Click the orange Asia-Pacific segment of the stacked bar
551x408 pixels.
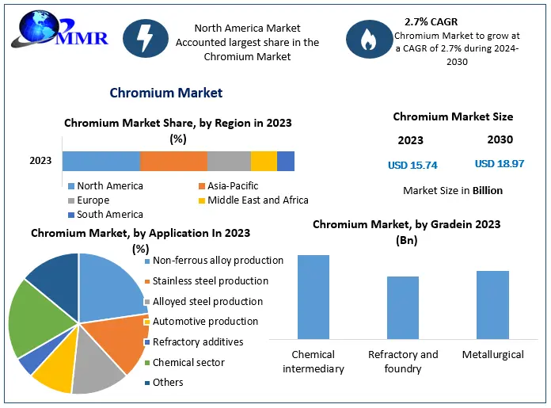pos(173,161)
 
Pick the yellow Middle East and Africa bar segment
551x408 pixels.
pos(264,161)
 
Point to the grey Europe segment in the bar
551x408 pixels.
pos(229,161)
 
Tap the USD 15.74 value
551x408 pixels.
pos(412,166)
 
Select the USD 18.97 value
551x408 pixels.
pos(500,164)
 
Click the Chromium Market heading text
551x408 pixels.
pos(165,93)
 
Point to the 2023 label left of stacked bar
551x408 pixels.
pos(40,161)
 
